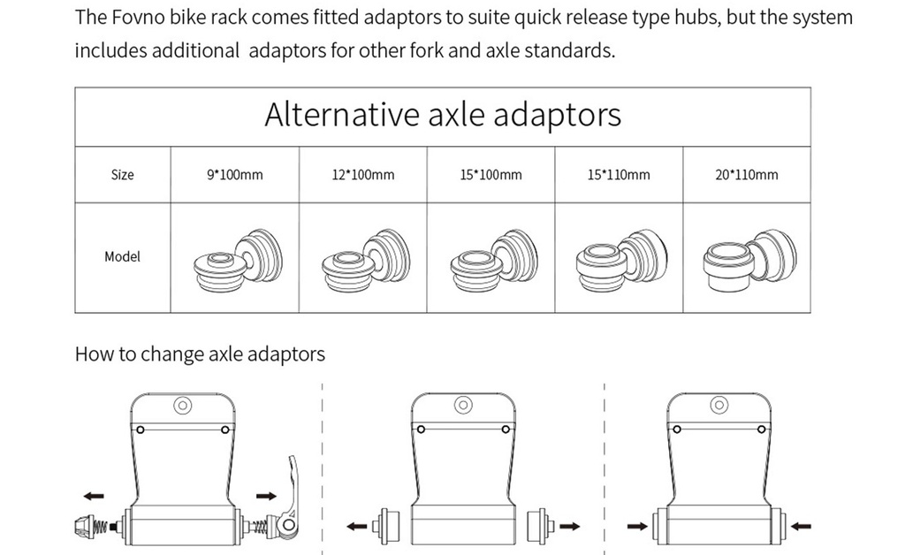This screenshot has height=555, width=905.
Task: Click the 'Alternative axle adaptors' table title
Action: coord(442,116)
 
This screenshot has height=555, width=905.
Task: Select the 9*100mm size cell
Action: coord(234,175)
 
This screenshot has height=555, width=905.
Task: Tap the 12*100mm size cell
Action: coord(362,175)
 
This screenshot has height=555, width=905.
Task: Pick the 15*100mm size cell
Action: coord(491,175)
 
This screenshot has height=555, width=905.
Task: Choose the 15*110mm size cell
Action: coord(619,175)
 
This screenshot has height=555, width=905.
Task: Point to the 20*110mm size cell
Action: coord(747,175)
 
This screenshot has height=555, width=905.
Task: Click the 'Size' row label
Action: coord(123,175)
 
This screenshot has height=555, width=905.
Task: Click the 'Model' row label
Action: coord(123,257)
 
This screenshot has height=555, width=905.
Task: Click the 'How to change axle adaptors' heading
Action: coord(200,354)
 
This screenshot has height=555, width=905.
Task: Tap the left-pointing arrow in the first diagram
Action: coord(94,497)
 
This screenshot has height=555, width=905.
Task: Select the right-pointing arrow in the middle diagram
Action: coord(569,526)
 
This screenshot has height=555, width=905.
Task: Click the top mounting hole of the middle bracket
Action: coord(462,405)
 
